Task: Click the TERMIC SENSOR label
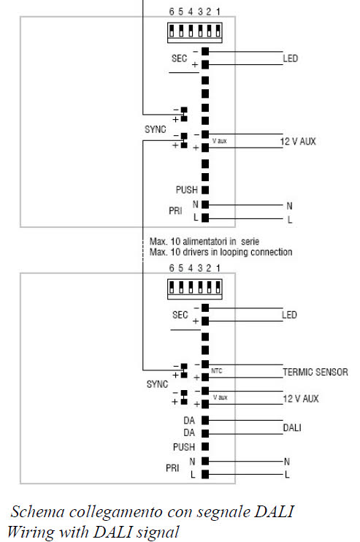315,372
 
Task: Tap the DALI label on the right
292,427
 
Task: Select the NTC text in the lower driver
217,371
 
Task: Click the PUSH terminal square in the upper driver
205,190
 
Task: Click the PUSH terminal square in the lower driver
205,446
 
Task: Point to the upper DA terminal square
205,420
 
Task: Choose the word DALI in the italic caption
274,511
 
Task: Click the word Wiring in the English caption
31,532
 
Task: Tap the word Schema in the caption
38,511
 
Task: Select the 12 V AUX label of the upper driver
298,141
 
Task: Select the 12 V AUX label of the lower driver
301,399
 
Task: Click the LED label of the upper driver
290,58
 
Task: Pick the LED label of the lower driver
289,315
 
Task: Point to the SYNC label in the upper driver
155,129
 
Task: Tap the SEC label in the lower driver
180,315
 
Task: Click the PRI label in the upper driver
175,210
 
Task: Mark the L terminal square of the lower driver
205,474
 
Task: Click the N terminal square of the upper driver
205,205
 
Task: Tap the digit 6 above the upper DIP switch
172,12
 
